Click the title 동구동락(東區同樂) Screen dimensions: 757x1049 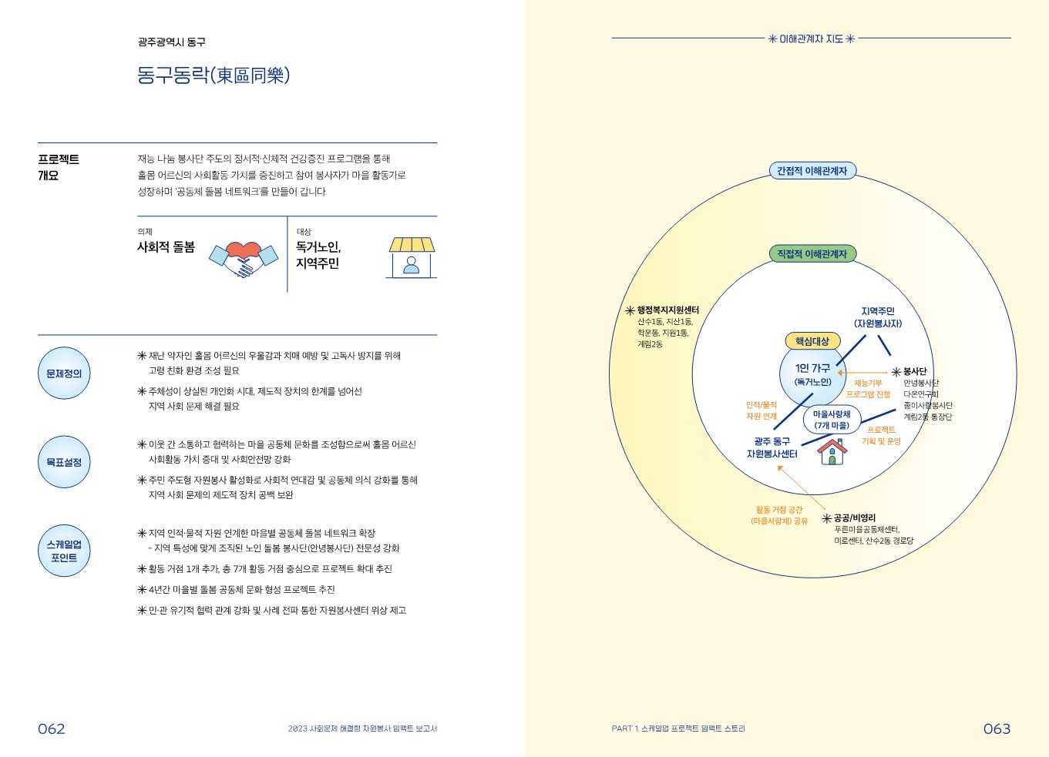(213, 75)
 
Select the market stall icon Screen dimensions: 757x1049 (412, 257)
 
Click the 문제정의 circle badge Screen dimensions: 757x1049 (64, 373)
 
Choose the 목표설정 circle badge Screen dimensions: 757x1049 (64, 462)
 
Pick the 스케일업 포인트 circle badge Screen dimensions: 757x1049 (64, 551)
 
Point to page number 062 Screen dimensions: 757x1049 (52, 729)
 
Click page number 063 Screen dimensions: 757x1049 (997, 729)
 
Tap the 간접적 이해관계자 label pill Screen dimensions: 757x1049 (812, 171)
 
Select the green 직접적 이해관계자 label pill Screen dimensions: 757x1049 (812, 254)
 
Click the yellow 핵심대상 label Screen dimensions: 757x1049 (812, 341)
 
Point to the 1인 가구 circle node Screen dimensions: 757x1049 (812, 375)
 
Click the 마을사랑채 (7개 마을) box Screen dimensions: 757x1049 (832, 420)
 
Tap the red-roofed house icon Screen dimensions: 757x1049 (832, 451)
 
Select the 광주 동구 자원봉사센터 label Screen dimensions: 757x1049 (772, 447)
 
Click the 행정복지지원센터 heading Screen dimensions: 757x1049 (667, 310)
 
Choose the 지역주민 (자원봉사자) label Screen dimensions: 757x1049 (877, 317)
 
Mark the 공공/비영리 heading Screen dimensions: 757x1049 (854, 518)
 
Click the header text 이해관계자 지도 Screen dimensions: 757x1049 (811, 39)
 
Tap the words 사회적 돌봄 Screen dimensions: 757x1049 (166, 247)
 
